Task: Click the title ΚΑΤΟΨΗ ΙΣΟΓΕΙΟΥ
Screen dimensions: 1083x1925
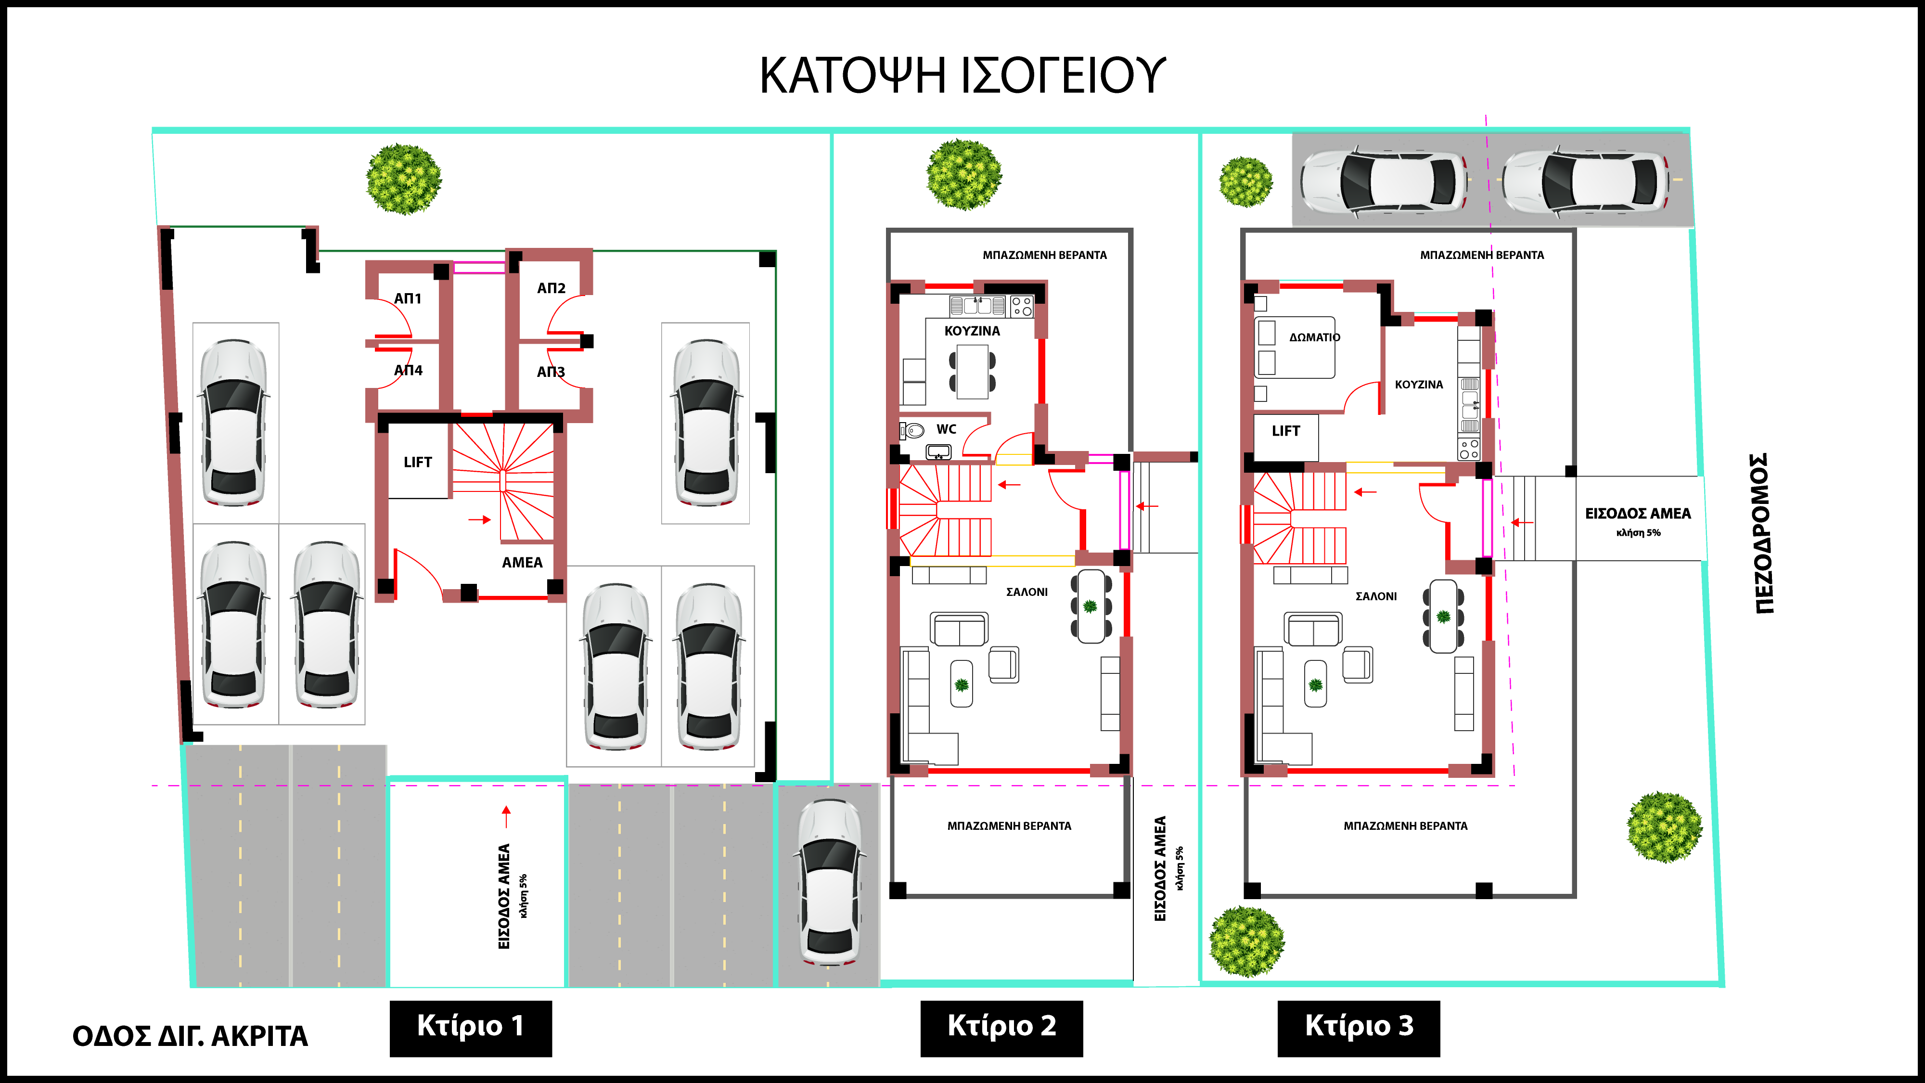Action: [962, 76]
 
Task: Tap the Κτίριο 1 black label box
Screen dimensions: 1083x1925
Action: [471, 1027]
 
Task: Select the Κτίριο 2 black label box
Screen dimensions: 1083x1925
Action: [1001, 1027]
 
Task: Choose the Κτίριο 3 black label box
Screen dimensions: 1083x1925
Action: [1359, 1027]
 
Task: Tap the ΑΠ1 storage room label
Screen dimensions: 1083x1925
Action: [408, 298]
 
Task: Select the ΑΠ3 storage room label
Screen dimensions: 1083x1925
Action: [551, 372]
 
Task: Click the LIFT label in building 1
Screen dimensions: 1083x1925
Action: [418, 462]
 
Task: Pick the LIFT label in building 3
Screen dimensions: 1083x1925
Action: [1286, 430]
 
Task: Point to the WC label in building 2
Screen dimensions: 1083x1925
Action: [946, 429]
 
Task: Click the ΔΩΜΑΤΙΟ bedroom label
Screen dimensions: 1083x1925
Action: [1314, 337]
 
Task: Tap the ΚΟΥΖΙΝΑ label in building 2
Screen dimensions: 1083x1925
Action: [972, 330]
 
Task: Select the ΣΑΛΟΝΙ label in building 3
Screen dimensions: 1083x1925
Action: [1376, 596]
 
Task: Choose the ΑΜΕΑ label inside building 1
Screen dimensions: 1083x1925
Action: [522, 562]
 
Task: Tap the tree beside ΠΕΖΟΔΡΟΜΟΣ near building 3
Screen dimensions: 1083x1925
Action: [1664, 827]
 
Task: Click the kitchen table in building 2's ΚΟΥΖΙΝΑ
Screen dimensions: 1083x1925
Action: [972, 372]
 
